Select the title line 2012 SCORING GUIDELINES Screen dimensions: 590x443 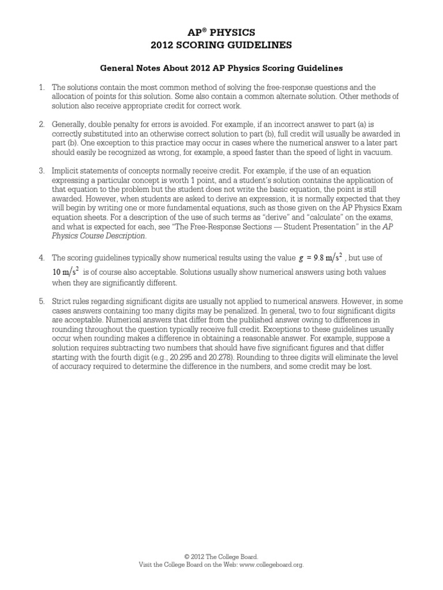click(x=221, y=44)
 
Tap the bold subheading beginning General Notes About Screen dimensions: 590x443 click(x=221, y=68)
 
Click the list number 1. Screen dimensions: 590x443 click(x=42, y=86)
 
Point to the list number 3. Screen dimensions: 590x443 click(x=42, y=171)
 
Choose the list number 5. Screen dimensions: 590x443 click(x=42, y=301)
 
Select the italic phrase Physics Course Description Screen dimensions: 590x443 click(x=99, y=236)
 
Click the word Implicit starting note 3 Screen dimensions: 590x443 click(x=66, y=171)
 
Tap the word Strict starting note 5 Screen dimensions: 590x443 click(x=62, y=301)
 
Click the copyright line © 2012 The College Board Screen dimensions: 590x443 click(x=221, y=557)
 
